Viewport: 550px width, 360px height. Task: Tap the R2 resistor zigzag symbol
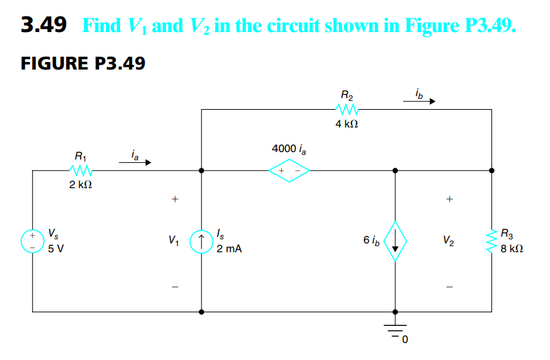347,109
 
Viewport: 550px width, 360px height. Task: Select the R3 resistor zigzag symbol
491,240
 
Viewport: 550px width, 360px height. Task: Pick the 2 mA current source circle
201,240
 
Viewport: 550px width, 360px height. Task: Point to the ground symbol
395,331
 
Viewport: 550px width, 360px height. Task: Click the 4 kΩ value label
347,125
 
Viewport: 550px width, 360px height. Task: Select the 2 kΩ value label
81,186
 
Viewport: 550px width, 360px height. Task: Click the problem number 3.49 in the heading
44,26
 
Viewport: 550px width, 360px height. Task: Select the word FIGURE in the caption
51,64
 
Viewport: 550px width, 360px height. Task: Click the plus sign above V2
448,200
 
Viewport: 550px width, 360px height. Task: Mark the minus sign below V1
175,286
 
